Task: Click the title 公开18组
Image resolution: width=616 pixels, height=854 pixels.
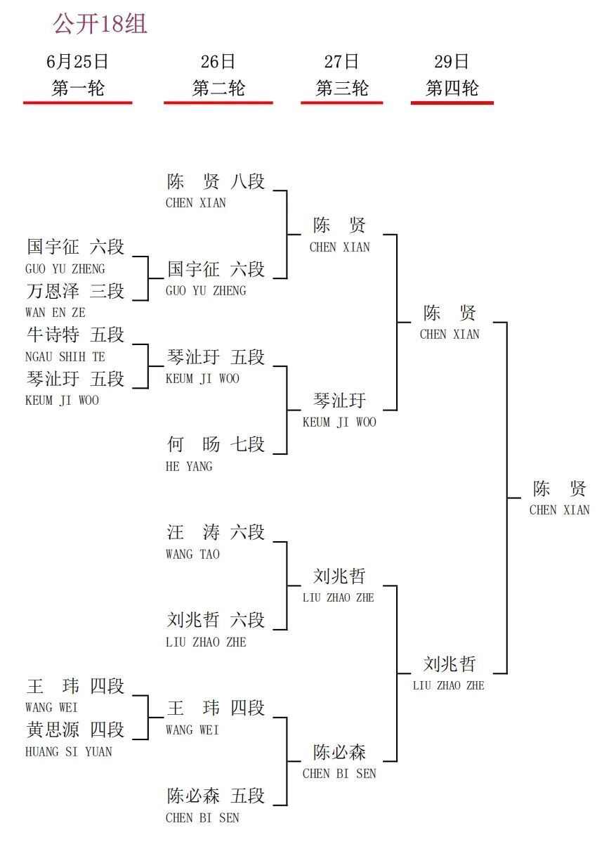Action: click(x=100, y=24)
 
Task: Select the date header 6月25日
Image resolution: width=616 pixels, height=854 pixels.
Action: click(x=77, y=61)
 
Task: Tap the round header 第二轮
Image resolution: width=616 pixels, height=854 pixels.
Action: click(x=218, y=88)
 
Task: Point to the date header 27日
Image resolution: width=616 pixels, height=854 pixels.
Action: click(x=341, y=61)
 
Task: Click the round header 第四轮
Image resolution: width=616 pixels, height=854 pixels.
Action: click(x=452, y=88)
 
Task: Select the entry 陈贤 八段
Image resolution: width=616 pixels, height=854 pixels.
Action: click(x=216, y=181)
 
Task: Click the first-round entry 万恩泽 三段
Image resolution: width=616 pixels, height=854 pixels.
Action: click(x=75, y=291)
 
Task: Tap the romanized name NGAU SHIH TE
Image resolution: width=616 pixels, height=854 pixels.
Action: click(x=65, y=357)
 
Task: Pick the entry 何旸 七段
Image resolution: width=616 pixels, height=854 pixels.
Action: click(x=216, y=444)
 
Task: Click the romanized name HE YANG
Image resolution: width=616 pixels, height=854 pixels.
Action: click(x=189, y=466)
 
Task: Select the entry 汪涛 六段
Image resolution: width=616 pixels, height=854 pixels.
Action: click(x=216, y=532)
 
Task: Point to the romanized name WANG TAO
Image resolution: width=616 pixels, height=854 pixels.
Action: click(x=192, y=554)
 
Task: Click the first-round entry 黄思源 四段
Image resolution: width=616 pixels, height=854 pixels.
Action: click(x=75, y=730)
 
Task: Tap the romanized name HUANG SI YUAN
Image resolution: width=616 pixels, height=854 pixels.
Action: click(x=69, y=752)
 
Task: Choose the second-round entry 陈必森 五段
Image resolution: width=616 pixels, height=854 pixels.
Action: click(x=216, y=796)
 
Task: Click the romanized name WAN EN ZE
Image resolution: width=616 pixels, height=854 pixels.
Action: click(x=55, y=313)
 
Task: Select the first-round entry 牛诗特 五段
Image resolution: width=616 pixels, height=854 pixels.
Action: click(x=75, y=335)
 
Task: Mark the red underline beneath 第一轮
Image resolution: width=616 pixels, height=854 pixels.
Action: click(x=78, y=103)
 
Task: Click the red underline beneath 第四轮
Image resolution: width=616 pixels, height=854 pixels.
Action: click(x=452, y=103)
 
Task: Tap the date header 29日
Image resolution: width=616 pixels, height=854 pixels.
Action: click(x=452, y=61)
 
